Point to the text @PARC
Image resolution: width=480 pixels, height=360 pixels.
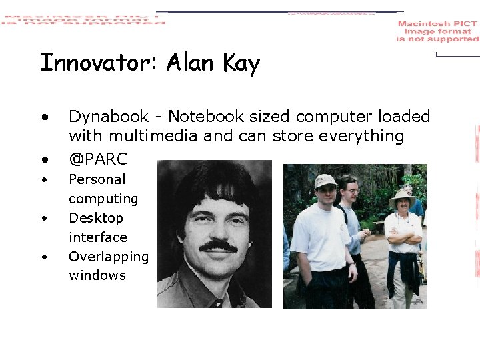pos(98,159)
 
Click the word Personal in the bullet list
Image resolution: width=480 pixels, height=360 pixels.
pos(97,179)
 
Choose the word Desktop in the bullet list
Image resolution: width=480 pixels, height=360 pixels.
pos(96,218)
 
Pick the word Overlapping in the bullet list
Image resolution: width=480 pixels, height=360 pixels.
pos(109,257)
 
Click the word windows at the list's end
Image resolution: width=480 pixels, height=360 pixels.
pos(97,275)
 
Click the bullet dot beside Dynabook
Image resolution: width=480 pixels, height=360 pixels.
pos(45,117)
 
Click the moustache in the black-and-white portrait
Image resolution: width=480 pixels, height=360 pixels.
pos(218,245)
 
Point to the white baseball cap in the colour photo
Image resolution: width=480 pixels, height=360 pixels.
pos(325,181)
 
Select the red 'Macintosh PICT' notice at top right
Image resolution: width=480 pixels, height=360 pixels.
pos(437,31)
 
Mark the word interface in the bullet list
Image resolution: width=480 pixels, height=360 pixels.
pos(97,237)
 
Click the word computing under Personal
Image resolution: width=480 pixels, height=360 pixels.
pos(103,199)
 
